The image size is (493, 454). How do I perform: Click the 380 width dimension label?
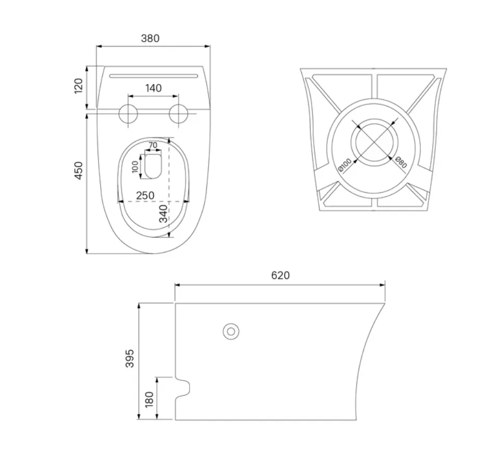[150, 38]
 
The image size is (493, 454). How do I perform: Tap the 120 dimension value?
[78, 86]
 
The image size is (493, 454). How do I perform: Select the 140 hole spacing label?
[153, 88]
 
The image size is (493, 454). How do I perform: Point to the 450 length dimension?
[78, 171]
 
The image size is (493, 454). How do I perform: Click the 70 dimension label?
[153, 145]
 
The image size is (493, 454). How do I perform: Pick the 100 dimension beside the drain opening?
[135, 167]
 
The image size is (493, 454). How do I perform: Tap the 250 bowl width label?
[145, 195]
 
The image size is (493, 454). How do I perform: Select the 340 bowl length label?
[163, 214]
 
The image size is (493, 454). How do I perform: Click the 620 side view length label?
[280, 275]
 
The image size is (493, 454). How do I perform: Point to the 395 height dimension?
[129, 358]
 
